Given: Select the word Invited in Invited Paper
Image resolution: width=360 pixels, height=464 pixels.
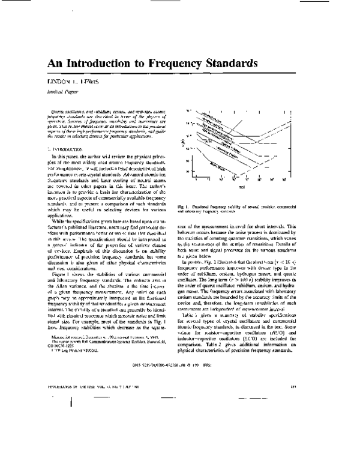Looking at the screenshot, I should click(x=55, y=91).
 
